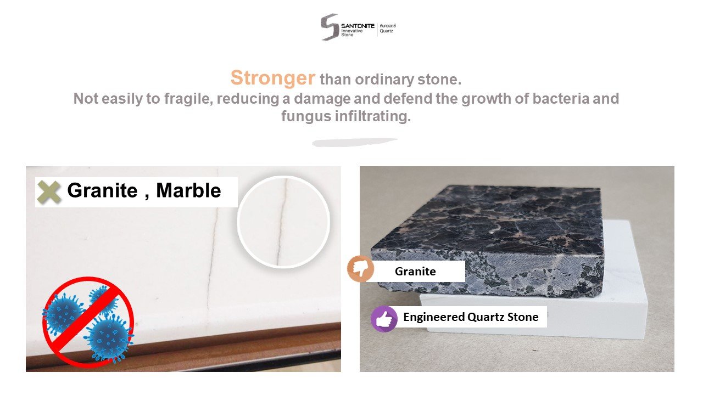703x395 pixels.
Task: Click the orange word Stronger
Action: pyautogui.click(x=273, y=77)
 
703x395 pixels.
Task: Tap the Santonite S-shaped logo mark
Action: pyautogui.click(x=330, y=27)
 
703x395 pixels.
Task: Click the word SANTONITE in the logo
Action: pyautogui.click(x=358, y=26)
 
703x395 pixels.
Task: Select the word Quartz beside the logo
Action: pyautogui.click(x=386, y=31)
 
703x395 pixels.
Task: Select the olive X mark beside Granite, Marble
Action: pyautogui.click(x=49, y=192)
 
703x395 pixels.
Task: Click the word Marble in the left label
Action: pyautogui.click(x=188, y=190)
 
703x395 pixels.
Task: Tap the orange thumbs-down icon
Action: pyautogui.click(x=361, y=269)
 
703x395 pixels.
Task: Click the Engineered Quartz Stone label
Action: pyautogui.click(x=471, y=317)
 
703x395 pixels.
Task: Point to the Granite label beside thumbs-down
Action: pyautogui.click(x=415, y=272)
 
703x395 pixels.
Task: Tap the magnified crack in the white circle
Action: pyautogui.click(x=282, y=222)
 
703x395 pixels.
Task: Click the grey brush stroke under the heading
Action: pyautogui.click(x=355, y=142)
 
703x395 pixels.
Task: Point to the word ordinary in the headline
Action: pyautogui.click(x=384, y=80)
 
